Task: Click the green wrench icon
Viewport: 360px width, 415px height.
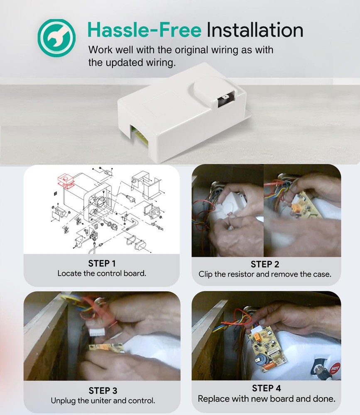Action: pos(56,38)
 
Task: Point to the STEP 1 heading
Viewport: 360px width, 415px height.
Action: pos(102,264)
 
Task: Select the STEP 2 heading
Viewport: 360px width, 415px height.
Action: pos(265,264)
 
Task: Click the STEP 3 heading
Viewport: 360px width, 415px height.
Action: pos(103,391)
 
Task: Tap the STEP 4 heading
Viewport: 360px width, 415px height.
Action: pos(266,388)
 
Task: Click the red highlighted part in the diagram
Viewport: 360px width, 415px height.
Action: pos(66,181)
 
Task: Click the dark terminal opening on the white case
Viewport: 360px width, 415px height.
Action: pos(226,98)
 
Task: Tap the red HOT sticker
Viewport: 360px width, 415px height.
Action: pos(335,368)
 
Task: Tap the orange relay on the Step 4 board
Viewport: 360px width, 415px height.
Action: pos(256,337)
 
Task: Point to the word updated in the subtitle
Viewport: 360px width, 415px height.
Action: pos(124,63)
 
